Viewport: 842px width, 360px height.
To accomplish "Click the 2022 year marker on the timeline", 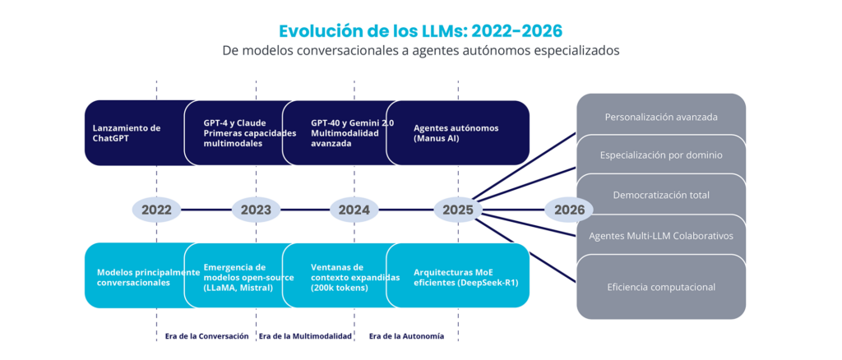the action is pyautogui.click(x=156, y=210).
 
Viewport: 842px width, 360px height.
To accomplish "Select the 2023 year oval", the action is pyautogui.click(x=256, y=210).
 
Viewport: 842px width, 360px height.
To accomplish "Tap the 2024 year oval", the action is pyautogui.click(x=354, y=210).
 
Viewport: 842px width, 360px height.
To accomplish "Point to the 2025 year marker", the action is pyautogui.click(x=457, y=210).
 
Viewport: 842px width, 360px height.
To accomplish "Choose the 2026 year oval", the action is pyautogui.click(x=569, y=210).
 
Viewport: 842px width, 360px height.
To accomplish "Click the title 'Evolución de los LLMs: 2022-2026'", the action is pyautogui.click(x=420, y=31).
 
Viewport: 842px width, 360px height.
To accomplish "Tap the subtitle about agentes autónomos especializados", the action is pyautogui.click(x=420, y=51).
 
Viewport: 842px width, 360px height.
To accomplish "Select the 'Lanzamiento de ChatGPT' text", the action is pyautogui.click(x=126, y=133).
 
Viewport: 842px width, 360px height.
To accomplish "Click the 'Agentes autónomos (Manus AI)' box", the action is pyautogui.click(x=457, y=132).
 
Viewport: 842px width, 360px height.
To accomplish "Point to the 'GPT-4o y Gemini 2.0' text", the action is pyautogui.click(x=352, y=122).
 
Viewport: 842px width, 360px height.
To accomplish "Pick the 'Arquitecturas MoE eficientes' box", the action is pyautogui.click(x=457, y=275).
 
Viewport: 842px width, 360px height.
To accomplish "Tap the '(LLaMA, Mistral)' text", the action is pyautogui.click(x=238, y=288).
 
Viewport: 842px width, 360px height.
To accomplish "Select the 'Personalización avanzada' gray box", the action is pyautogui.click(x=661, y=117).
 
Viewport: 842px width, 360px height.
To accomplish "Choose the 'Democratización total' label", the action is pyautogui.click(x=661, y=195).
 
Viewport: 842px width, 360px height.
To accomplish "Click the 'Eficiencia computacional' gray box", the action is pyautogui.click(x=661, y=287).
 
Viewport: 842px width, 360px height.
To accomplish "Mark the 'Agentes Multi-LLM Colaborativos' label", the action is pyautogui.click(x=661, y=236).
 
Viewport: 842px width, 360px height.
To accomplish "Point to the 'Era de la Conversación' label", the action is pyautogui.click(x=206, y=336).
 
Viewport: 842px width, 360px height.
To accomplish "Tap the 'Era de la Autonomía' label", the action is pyautogui.click(x=406, y=336).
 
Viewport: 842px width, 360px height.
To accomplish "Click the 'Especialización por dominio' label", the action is pyautogui.click(x=661, y=155).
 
